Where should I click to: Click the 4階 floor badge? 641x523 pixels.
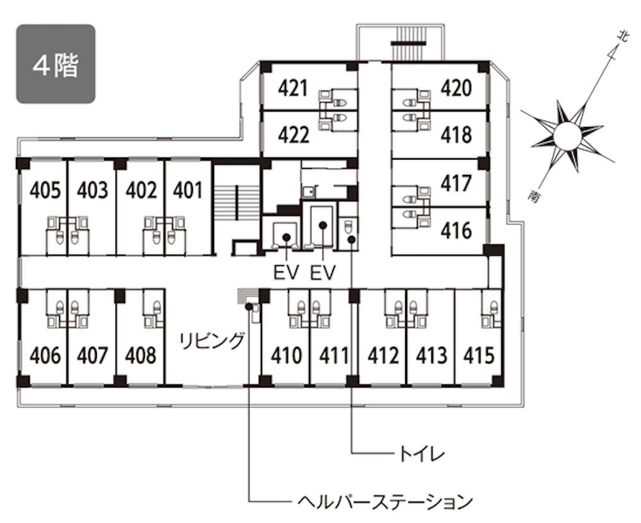click(x=56, y=64)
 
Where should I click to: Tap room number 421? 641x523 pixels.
click(x=293, y=88)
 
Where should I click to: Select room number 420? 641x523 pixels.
click(x=456, y=88)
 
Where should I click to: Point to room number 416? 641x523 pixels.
click(x=456, y=231)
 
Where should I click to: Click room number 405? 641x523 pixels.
click(x=46, y=190)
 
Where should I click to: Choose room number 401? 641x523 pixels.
click(x=188, y=190)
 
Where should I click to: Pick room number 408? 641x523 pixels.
click(x=140, y=355)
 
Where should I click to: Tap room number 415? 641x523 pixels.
click(x=479, y=355)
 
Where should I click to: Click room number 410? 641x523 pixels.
click(x=286, y=355)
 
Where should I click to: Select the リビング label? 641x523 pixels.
click(x=212, y=340)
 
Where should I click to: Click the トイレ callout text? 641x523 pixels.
click(x=422, y=454)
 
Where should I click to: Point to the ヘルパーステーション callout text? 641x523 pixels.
click(x=385, y=501)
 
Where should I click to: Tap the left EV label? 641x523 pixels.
click(x=287, y=272)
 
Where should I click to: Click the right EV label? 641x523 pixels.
click(x=323, y=272)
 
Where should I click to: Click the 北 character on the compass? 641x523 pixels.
click(x=622, y=37)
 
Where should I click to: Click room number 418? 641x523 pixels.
click(x=456, y=135)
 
